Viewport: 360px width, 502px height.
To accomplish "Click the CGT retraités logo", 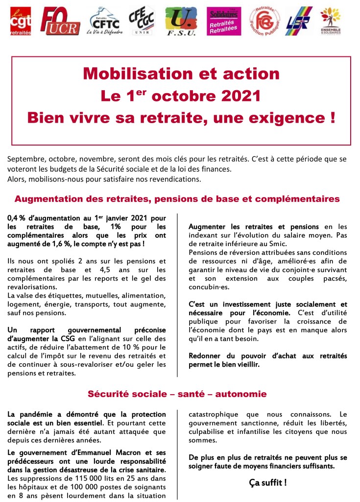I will [x=20, y=21].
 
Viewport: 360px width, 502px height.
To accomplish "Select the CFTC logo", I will [x=104, y=21].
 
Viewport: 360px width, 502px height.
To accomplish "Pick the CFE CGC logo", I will [x=141, y=21].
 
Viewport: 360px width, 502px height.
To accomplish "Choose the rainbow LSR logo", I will [x=299, y=21].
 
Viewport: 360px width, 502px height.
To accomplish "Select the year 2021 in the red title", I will [x=240, y=95].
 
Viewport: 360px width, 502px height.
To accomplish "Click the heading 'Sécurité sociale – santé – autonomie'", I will [x=177, y=394].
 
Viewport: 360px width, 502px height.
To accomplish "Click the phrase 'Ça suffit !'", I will [x=267, y=482].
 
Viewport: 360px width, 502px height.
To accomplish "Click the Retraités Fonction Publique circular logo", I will [x=265, y=21].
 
